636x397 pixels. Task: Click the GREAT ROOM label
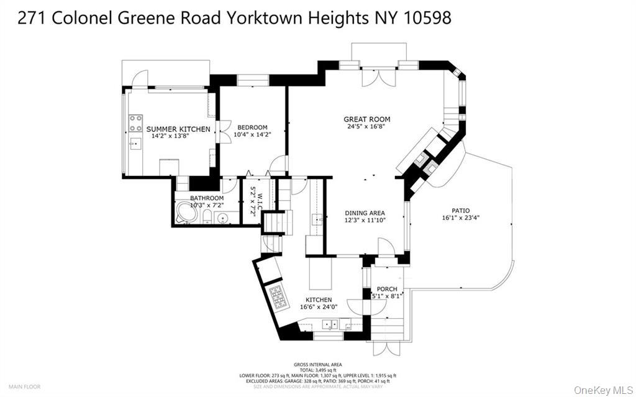click(366, 119)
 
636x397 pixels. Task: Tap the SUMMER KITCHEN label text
click(178, 129)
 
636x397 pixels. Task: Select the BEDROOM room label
click(252, 127)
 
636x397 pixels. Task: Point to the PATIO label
click(460, 211)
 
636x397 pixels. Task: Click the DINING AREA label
click(365, 213)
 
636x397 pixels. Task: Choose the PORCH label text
click(388, 289)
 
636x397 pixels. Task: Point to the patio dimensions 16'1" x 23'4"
click(460, 218)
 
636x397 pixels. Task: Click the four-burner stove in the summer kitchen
click(135, 123)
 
